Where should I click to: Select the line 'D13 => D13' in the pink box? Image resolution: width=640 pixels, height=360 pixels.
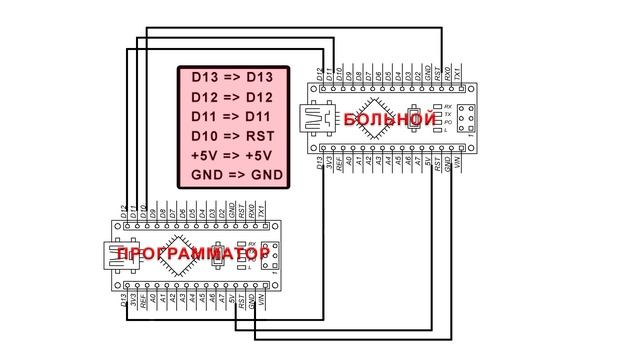231,78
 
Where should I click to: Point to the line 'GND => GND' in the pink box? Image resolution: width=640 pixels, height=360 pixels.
231,175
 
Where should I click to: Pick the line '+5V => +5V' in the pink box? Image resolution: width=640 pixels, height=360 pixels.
231,156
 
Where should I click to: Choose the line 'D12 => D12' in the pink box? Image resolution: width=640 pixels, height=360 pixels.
231,98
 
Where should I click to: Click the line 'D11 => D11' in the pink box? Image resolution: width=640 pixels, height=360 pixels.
231,117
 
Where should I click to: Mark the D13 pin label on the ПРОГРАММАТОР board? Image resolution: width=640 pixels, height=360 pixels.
122,298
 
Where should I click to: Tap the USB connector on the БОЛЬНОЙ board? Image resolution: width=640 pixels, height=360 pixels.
321,119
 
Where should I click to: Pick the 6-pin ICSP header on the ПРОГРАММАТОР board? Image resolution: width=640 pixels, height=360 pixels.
267,255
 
